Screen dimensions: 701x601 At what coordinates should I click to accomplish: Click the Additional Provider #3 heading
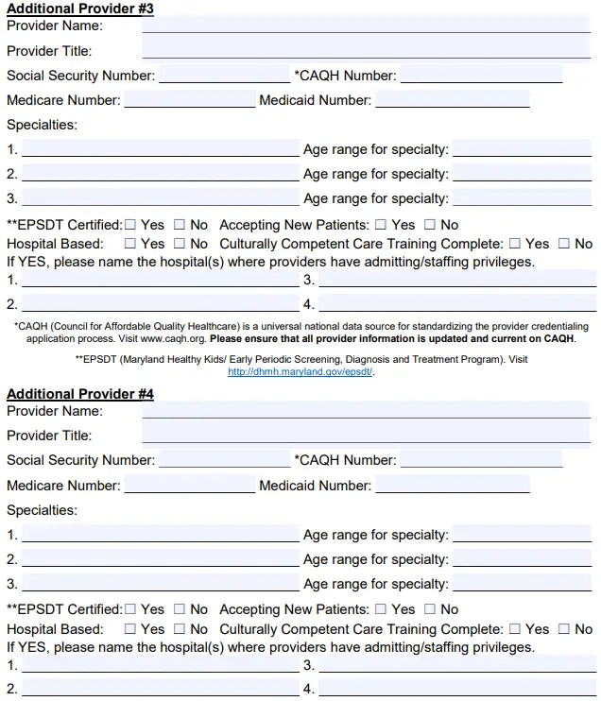pyautogui.click(x=80, y=9)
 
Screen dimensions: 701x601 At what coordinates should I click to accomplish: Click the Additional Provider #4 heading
pyautogui.click(x=80, y=393)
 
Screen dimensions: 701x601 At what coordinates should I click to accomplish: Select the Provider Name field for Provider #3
pyautogui.click(x=369, y=26)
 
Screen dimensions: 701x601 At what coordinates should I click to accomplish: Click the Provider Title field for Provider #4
pyautogui.click(x=369, y=435)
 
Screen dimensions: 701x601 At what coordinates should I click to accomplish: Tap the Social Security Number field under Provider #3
pyautogui.click(x=224, y=75)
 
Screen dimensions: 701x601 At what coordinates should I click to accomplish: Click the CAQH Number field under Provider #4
pyautogui.click(x=481, y=459)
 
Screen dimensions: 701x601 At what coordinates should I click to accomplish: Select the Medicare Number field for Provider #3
pyautogui.click(x=189, y=99)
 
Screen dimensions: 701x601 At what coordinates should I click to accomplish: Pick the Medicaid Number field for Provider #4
pyautogui.click(x=452, y=485)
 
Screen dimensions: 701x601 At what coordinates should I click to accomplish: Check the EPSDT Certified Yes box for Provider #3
pyautogui.click(x=131, y=225)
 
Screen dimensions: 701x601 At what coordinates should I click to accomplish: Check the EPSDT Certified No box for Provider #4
pyautogui.click(x=179, y=609)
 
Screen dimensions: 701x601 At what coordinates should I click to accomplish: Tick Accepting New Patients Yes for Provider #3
pyautogui.click(x=381, y=225)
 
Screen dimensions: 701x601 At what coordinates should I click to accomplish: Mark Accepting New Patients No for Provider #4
pyautogui.click(x=429, y=609)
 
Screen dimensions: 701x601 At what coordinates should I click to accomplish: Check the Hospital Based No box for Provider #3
pyautogui.click(x=179, y=244)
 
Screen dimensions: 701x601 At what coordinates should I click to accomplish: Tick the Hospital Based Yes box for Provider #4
pyautogui.click(x=131, y=628)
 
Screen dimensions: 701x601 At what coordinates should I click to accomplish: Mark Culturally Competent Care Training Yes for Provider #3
pyautogui.click(x=515, y=244)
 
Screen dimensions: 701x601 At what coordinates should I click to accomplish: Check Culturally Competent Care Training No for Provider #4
pyautogui.click(x=564, y=628)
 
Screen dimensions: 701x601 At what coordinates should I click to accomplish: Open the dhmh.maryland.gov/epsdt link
pyautogui.click(x=300, y=372)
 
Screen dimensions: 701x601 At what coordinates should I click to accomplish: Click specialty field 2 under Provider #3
pyautogui.click(x=160, y=174)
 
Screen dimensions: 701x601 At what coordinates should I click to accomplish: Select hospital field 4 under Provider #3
pyautogui.click(x=457, y=303)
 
